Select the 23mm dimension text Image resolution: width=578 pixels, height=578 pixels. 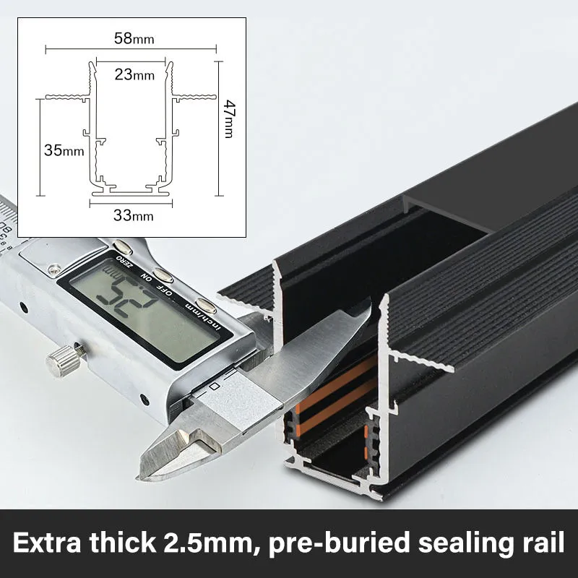click(134, 74)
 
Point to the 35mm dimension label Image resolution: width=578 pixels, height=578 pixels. click(64, 150)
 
